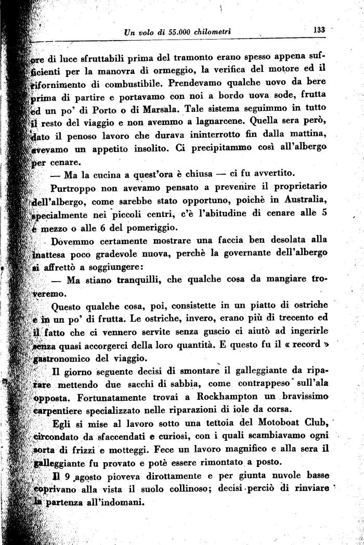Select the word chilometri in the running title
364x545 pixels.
(211, 32)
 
